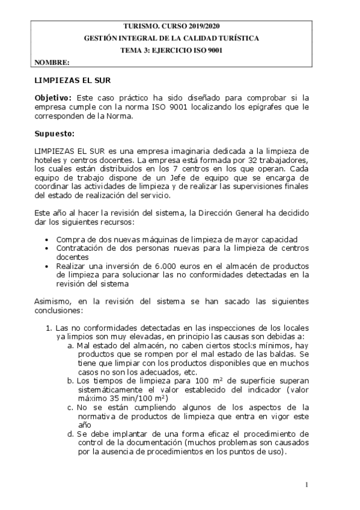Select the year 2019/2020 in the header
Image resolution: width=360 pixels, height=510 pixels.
(203, 26)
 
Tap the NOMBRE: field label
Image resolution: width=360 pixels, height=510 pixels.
(52, 62)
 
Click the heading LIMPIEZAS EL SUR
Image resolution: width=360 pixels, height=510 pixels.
(73, 80)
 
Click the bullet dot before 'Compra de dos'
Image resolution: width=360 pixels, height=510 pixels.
(47, 239)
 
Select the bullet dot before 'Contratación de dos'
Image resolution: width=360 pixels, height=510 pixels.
(47, 248)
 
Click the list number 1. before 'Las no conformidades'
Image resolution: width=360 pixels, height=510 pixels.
(49, 328)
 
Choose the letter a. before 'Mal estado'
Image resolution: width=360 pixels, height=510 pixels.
(71, 346)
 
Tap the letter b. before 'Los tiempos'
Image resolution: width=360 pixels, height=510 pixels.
(71, 380)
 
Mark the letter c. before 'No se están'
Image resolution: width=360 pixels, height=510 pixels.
(71, 407)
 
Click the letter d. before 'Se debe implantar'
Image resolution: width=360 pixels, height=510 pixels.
(71, 434)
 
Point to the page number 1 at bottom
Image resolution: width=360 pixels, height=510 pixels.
(307, 485)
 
